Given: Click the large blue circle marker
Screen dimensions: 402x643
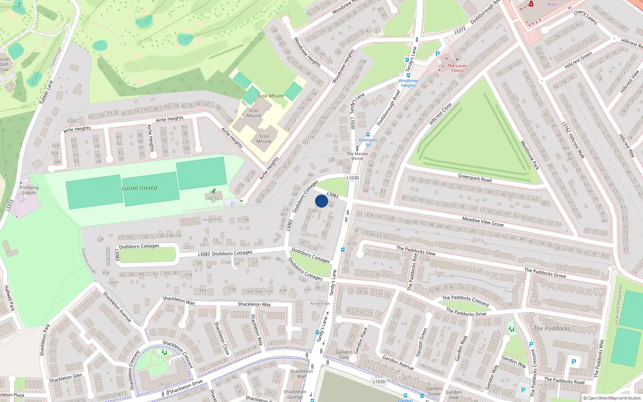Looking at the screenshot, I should coord(321,201).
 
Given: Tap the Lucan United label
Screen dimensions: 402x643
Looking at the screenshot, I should coord(139,188).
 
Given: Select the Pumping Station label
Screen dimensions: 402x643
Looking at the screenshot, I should coord(29,190).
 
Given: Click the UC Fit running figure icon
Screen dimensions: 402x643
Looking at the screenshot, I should coord(213,191).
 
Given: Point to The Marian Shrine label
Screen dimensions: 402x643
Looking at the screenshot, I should coord(357,156).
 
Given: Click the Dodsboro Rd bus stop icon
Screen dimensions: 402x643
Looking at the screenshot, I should coord(368,135).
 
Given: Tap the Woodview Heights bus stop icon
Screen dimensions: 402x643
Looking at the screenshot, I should coord(408,75).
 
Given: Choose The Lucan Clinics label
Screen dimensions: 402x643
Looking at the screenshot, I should coord(457,68).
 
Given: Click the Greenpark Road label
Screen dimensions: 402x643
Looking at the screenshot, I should coord(475,178).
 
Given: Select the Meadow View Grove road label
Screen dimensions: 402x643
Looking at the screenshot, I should coord(483,222).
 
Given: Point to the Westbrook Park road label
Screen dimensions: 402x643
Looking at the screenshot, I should coord(529,155).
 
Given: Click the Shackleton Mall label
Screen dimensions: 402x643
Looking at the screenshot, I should coord(301,374).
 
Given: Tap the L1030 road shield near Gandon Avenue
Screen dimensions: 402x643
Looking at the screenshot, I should coord(379,381).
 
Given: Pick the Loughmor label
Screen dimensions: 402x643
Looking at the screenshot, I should coord(212,219).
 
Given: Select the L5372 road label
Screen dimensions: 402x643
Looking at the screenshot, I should coord(460,30).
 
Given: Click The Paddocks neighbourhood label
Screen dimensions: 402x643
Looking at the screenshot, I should coord(551,328).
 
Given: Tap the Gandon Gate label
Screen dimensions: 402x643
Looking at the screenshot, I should coord(344,355).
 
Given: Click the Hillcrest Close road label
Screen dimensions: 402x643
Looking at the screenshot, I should coord(440,114).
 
